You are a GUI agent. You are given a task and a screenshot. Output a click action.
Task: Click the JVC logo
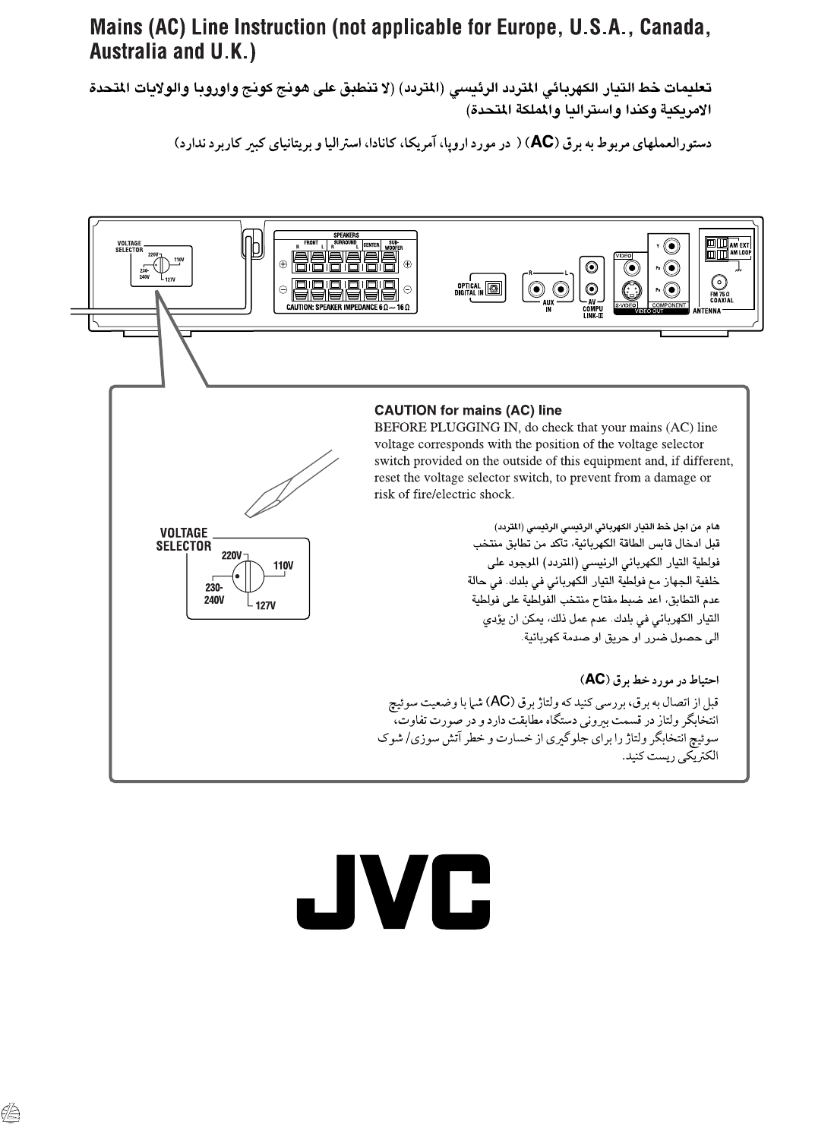pos(393,892)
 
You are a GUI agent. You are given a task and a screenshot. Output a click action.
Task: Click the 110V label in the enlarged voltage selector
pos(283,565)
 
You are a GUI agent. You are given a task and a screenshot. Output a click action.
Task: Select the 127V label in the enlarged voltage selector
pos(265,605)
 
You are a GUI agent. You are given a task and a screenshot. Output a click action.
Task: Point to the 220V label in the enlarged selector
pos(232,555)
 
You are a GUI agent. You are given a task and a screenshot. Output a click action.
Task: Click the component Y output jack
pos(671,246)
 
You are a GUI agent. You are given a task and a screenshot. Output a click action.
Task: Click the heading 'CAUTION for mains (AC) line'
pos(468,410)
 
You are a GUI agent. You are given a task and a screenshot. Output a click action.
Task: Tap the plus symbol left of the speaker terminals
pos(283,265)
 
